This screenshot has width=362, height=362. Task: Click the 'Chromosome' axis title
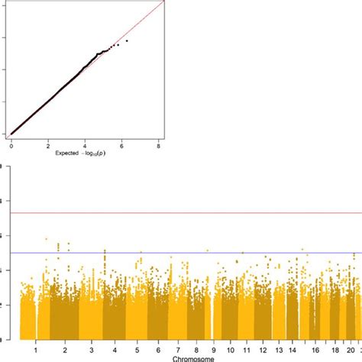[x=191, y=357]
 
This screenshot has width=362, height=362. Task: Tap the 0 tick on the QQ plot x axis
[x=11, y=143]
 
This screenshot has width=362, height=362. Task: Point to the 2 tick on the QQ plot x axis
[x=47, y=143]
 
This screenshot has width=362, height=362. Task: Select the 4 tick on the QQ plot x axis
[x=85, y=143]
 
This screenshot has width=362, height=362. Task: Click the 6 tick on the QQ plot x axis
[x=121, y=143]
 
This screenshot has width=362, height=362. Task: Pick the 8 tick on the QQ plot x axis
[x=158, y=143]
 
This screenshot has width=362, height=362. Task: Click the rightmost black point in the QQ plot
[x=127, y=40]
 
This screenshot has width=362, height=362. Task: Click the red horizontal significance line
[x=191, y=213]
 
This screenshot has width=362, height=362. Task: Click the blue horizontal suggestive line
[x=191, y=253]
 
